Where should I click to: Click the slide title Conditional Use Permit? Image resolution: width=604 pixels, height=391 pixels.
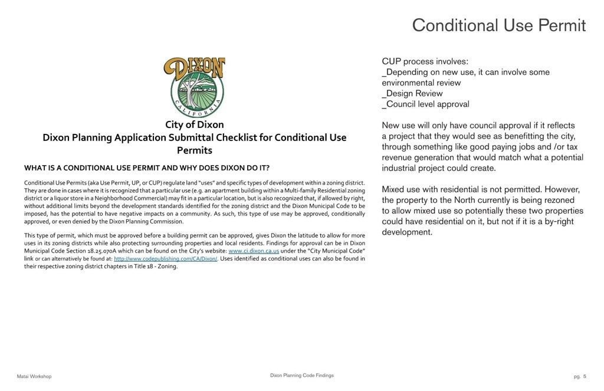point(498,25)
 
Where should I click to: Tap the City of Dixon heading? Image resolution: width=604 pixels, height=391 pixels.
point(194,125)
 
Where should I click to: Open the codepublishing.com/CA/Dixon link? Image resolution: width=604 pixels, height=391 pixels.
point(166,259)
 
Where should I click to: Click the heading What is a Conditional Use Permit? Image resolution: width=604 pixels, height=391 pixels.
point(147,167)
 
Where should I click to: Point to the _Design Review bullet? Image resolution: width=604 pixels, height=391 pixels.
point(412,94)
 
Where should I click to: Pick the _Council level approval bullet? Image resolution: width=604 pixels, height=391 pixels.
point(425,104)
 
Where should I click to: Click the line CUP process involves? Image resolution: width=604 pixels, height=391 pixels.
point(425,61)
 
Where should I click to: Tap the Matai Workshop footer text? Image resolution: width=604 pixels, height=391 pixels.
point(34,376)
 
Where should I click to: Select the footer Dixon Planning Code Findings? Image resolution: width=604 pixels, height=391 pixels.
point(301,375)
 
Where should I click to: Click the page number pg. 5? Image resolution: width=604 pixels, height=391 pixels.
point(580,376)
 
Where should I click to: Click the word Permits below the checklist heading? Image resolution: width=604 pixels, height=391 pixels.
point(194,150)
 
